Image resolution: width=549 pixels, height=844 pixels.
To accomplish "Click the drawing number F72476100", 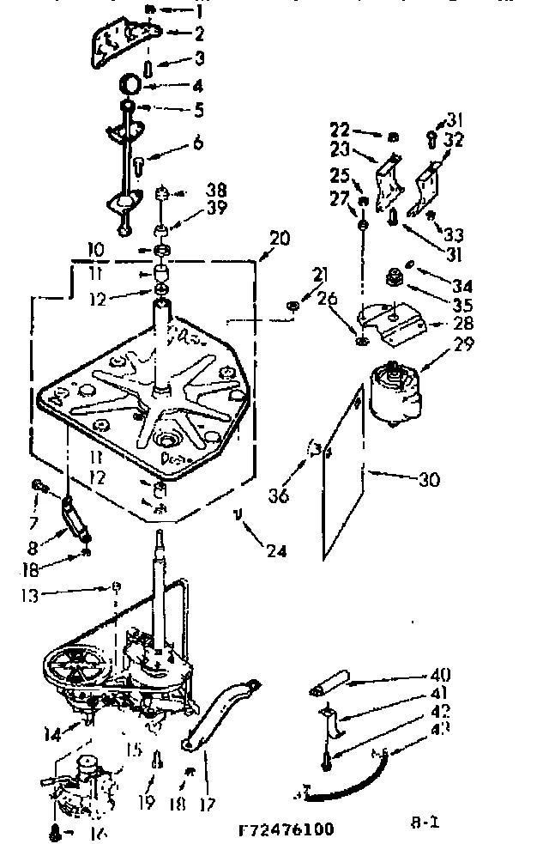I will coord(286,829).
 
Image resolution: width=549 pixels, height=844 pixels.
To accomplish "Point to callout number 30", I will coord(429,479).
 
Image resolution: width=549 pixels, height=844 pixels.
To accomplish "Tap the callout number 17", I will coord(206,805).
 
